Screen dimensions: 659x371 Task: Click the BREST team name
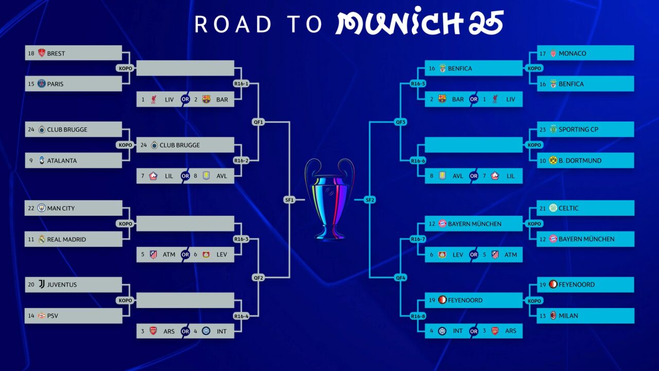tap(56, 53)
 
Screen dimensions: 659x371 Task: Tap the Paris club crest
tap(42, 83)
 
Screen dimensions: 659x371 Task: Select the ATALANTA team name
tap(62, 160)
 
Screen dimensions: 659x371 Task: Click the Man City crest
tap(42, 208)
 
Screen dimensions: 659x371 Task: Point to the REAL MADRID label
tap(66, 240)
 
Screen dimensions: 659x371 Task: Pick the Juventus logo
tap(42, 284)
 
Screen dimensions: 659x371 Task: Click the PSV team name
tap(53, 316)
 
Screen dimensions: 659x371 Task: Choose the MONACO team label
tap(572, 53)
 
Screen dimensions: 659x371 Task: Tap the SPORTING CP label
tap(578, 129)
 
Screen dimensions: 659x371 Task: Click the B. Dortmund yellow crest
tap(553, 160)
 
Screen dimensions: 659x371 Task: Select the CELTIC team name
tap(568, 208)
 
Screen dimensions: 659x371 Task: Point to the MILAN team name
tap(568, 316)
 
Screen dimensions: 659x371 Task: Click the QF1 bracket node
tap(258, 122)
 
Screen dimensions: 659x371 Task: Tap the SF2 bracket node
tap(370, 200)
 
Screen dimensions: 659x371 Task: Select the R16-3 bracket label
tap(241, 239)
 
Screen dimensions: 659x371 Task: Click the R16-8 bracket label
tap(418, 316)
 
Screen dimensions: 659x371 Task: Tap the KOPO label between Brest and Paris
tap(125, 69)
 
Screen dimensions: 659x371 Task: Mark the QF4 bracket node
tap(401, 278)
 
